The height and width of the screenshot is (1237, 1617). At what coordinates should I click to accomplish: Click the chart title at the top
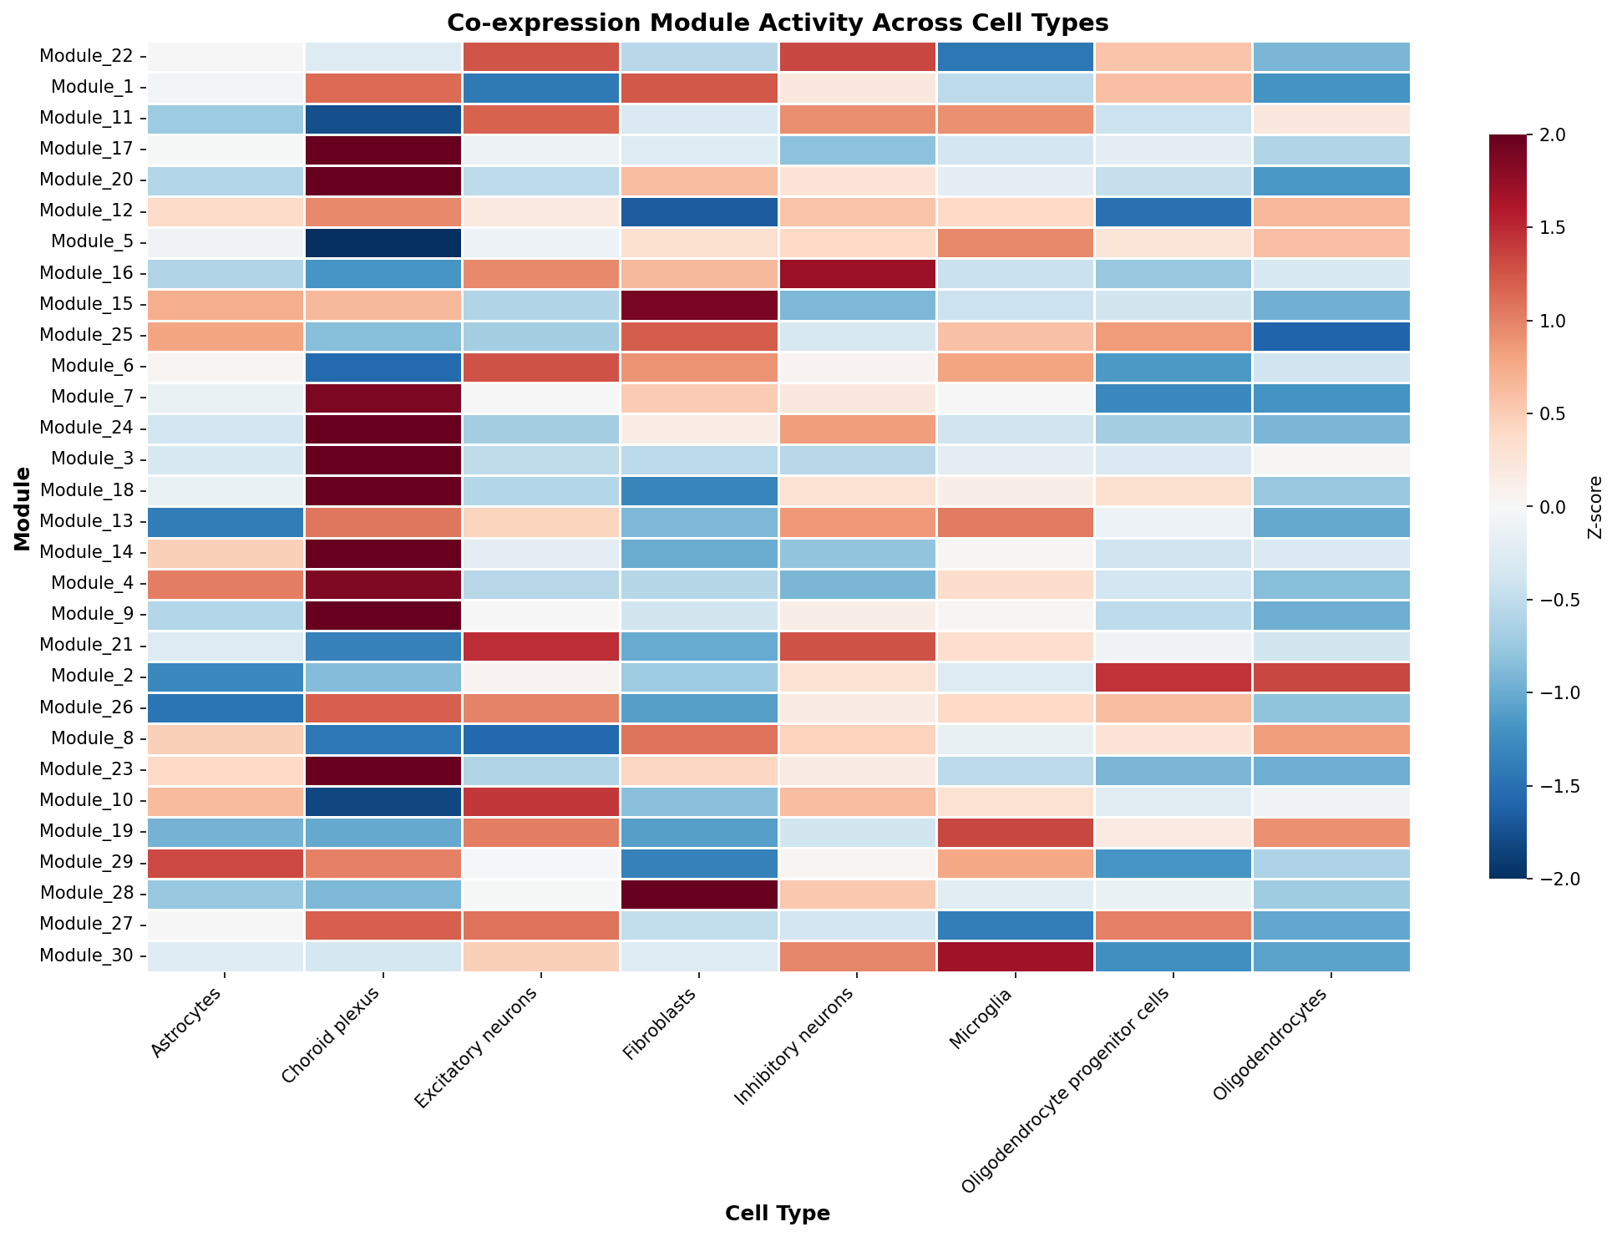[778, 22]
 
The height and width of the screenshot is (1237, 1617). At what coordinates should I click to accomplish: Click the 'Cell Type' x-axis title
[778, 1214]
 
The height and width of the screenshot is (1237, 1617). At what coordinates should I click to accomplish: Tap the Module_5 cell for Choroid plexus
[383, 242]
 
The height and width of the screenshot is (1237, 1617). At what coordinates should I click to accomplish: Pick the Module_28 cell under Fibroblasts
[699, 893]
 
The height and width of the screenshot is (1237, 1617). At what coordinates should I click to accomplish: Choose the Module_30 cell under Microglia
[1015, 955]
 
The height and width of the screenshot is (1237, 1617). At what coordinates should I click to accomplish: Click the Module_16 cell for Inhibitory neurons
[857, 273]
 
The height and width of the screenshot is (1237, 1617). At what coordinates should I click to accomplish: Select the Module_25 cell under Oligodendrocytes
[1331, 335]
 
